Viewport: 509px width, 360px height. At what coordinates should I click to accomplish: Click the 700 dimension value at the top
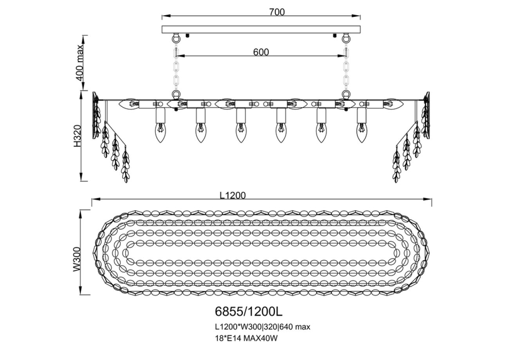point(277,12)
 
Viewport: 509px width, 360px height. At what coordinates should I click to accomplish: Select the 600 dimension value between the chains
point(261,52)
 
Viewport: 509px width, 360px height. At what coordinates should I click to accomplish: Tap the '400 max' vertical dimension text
point(80,63)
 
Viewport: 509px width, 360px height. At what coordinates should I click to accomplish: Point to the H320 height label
point(77,136)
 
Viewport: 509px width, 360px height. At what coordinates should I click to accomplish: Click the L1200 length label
point(233,195)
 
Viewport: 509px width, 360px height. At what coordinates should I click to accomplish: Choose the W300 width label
point(77,259)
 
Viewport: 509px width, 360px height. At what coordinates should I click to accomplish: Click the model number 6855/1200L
point(249,311)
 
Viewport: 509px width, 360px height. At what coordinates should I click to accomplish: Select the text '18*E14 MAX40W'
point(246,338)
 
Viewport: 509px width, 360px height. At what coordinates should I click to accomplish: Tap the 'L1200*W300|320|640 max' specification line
point(262,327)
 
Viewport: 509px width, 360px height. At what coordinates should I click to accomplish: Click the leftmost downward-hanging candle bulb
point(161,133)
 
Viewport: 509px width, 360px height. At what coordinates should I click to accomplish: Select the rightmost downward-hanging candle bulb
point(361,133)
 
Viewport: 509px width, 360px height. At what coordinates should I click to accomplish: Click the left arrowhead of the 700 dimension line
point(166,16)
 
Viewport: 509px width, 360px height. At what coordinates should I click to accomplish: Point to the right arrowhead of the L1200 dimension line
point(428,199)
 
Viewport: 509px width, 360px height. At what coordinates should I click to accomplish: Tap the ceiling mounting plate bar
point(261,29)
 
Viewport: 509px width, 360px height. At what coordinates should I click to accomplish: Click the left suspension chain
point(176,68)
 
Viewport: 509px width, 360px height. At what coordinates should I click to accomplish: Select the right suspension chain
point(346,68)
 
